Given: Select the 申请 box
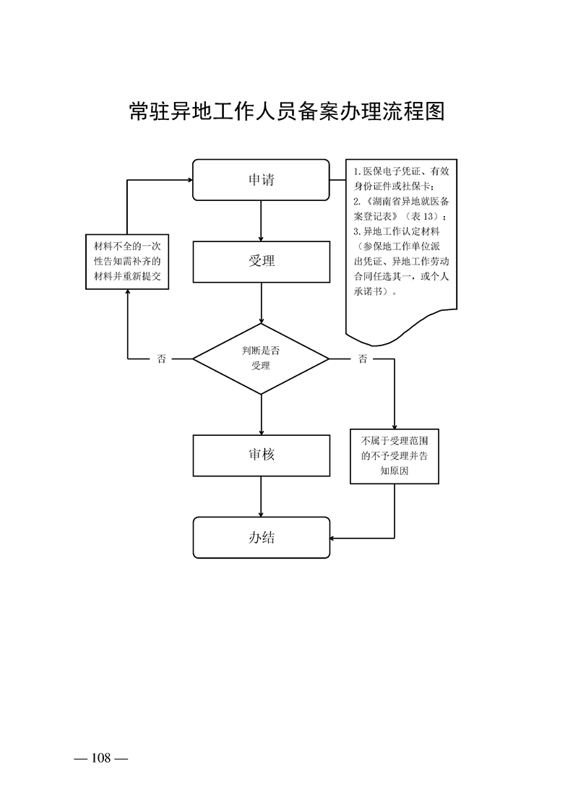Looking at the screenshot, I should (x=261, y=179).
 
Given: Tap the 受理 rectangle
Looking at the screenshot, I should (x=261, y=261).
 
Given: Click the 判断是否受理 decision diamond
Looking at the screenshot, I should (x=261, y=359).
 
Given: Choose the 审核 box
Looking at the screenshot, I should (x=261, y=455).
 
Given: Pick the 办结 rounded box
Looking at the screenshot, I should (x=261, y=538).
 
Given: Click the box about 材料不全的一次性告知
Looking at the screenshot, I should (x=127, y=261).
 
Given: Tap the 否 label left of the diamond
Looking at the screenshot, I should (x=161, y=359).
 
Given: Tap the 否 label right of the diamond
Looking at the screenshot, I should (x=363, y=359).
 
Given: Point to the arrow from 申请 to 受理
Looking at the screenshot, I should (x=261, y=220).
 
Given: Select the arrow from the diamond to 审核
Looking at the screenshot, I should (x=261, y=413).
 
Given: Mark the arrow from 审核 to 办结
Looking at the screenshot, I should (x=261, y=497).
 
